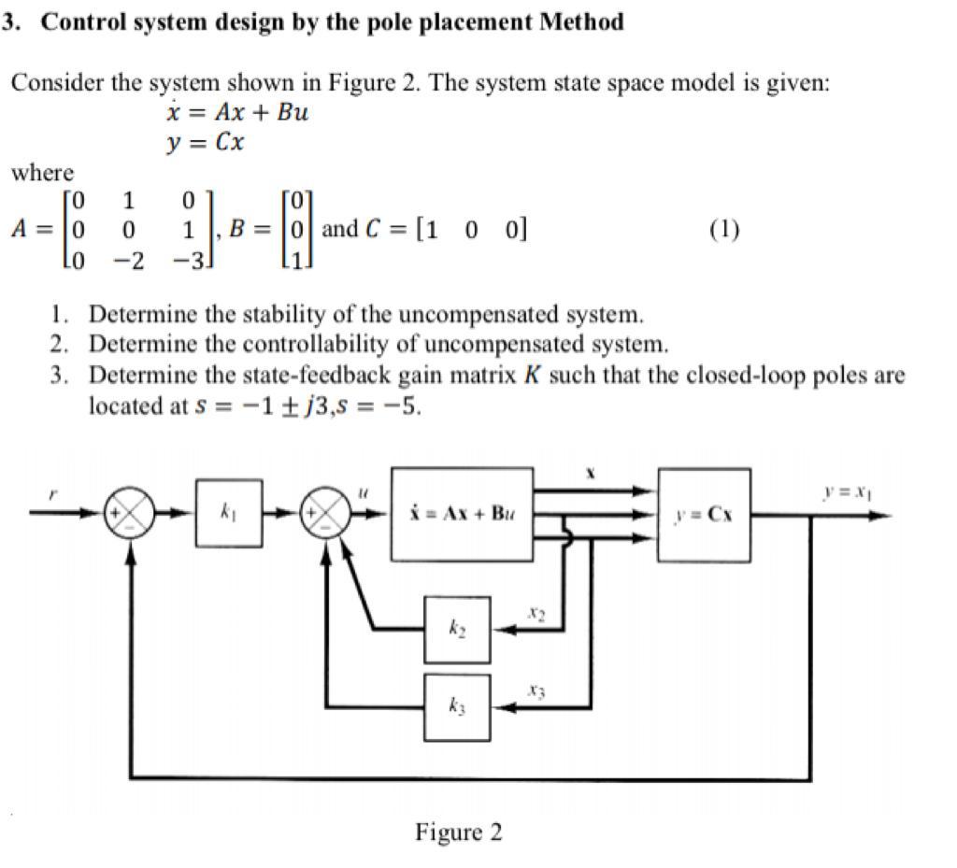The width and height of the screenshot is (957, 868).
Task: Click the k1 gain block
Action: tap(228, 512)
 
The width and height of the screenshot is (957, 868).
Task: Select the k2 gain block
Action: tap(457, 631)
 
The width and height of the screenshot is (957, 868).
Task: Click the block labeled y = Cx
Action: tap(704, 514)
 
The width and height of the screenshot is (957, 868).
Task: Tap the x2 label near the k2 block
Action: tap(535, 614)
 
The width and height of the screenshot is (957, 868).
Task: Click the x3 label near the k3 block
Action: tap(535, 690)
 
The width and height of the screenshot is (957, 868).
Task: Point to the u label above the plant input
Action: tap(365, 489)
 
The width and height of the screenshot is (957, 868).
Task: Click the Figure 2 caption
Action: tap(458, 832)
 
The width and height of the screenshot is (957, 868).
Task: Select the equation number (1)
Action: tap(724, 230)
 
